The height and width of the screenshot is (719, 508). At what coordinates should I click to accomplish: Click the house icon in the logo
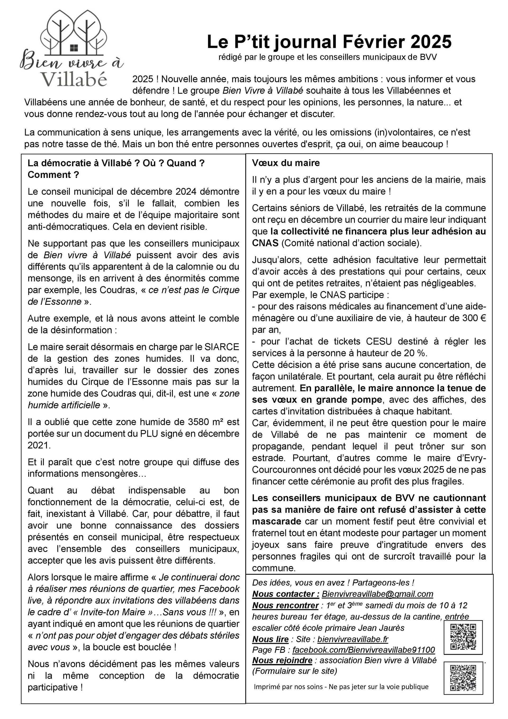(74, 48)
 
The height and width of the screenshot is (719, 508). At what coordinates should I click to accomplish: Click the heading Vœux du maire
(286, 163)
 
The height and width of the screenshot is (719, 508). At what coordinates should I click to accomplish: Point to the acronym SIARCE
(222, 347)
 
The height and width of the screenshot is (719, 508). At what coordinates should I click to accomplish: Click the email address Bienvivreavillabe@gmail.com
(377, 594)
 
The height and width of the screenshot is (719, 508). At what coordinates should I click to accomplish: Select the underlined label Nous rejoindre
(282, 660)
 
